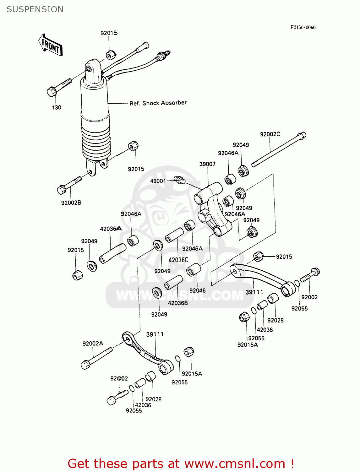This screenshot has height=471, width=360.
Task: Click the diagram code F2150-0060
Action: pyautogui.click(x=303, y=27)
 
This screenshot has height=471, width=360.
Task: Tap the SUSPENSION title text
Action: pyautogui.click(x=35, y=9)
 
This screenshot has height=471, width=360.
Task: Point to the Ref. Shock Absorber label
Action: pyautogui.click(x=158, y=103)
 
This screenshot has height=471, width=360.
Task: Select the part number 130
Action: pyautogui.click(x=57, y=107)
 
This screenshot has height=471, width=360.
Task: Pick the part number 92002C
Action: pyautogui.click(x=270, y=134)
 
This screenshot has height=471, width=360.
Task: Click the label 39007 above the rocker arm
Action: pyautogui.click(x=207, y=164)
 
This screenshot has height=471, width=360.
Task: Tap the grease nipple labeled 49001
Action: pyautogui.click(x=180, y=180)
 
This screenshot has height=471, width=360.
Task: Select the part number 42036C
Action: pyautogui.click(x=178, y=260)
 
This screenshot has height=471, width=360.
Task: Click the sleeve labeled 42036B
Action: pyautogui.click(x=173, y=282)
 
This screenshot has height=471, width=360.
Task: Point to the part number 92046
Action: pyautogui.click(x=197, y=290)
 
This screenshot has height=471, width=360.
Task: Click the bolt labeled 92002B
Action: pyautogui.click(x=69, y=185)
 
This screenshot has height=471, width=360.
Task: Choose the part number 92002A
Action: pyautogui.click(x=93, y=344)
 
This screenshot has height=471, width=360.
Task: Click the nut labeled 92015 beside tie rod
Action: pyautogui.click(x=258, y=257)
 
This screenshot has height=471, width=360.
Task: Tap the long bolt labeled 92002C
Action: pyautogui.click(x=278, y=149)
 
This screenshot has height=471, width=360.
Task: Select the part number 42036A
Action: pyautogui.click(x=111, y=229)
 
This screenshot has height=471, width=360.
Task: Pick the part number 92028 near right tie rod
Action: pyautogui.click(x=275, y=320)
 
